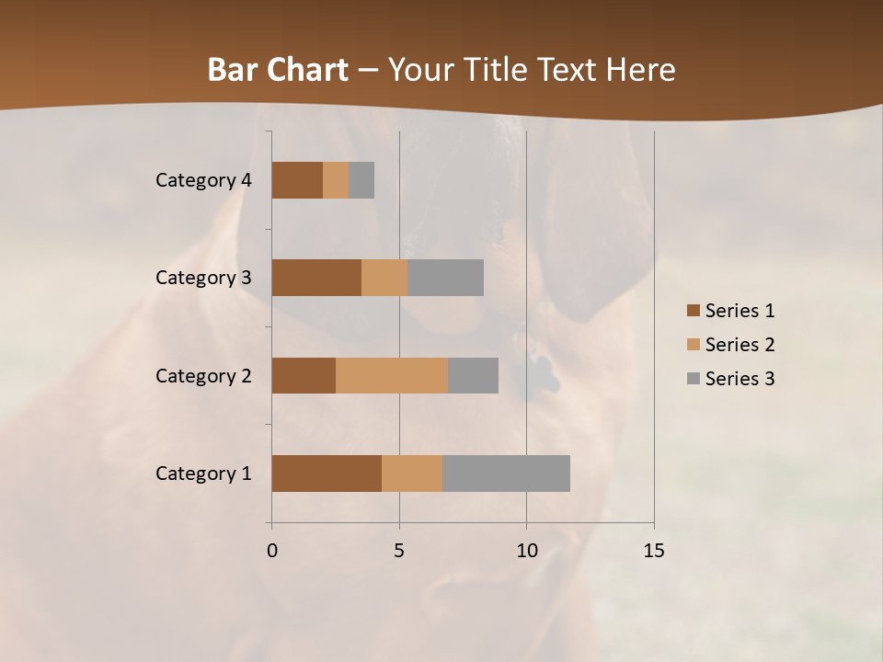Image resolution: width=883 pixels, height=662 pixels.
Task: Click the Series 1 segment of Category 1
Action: [327, 473]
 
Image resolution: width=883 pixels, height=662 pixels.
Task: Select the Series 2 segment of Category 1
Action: [412, 473]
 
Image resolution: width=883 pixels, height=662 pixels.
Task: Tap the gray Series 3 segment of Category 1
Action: [506, 473]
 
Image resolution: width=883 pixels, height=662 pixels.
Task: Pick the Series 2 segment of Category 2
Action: [392, 375]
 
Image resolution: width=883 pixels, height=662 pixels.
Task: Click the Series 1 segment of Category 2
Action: [304, 375]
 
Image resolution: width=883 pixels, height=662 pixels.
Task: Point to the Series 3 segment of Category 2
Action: [473, 375]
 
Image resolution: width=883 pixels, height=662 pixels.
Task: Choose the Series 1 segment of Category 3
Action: [316, 278]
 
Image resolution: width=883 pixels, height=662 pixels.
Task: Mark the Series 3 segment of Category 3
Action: [445, 278]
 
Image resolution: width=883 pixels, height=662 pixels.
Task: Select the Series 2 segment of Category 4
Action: [336, 180]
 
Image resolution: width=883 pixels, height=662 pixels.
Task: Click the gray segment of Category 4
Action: [361, 180]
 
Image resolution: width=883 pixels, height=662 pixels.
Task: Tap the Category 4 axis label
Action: [203, 180]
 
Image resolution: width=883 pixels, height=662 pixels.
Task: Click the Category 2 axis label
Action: [203, 375]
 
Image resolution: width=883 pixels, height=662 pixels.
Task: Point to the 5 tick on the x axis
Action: [399, 551]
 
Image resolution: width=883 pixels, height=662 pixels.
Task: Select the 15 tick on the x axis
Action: [653, 551]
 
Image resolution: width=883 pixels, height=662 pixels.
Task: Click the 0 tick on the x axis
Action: [272, 551]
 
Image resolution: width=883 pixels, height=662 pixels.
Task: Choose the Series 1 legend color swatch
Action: [693, 311]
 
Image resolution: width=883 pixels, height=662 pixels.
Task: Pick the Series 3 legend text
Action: [740, 379]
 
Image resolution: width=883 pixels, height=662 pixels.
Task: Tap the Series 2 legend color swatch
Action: [693, 345]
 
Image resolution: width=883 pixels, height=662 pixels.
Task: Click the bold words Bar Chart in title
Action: [278, 70]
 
